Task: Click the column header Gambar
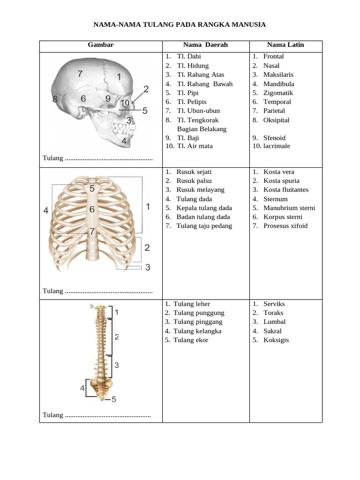pyautogui.click(x=100, y=45)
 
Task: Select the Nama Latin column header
pyautogui.click(x=285, y=45)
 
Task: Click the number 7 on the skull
pyautogui.click(x=80, y=74)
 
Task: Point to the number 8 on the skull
pyautogui.click(x=55, y=99)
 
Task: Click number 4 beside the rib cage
pyautogui.click(x=46, y=211)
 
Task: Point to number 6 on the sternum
pyautogui.click(x=92, y=210)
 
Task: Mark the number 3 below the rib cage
pyautogui.click(x=148, y=268)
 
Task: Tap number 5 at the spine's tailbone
pyautogui.click(x=114, y=399)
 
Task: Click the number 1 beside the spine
pyautogui.click(x=116, y=312)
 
